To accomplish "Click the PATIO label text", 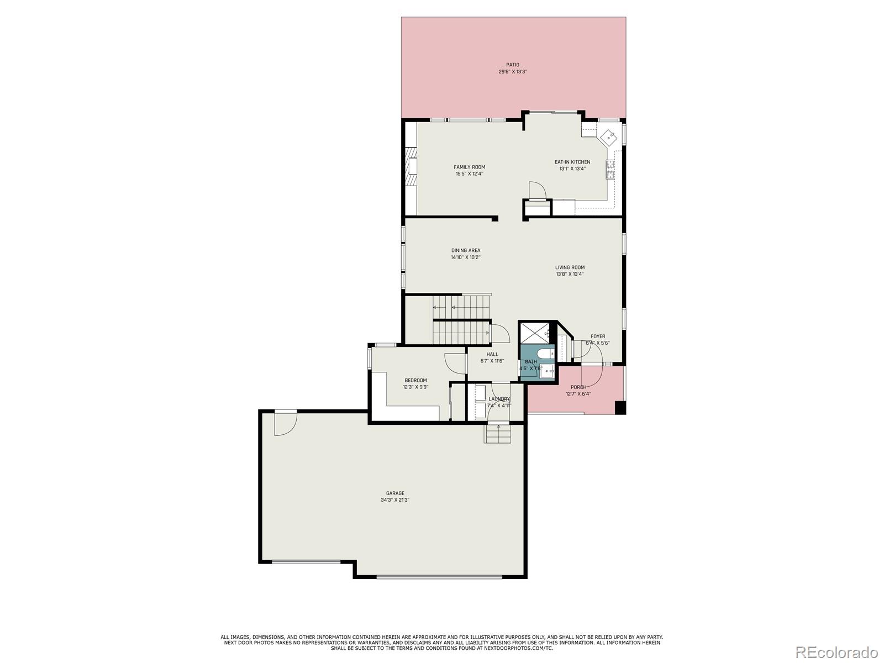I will [513, 65].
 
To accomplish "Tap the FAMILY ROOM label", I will [470, 167].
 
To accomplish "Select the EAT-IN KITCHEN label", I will [572, 162].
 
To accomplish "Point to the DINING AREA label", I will [466, 250].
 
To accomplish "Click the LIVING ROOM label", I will [570, 267].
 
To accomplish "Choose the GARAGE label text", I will [395, 493].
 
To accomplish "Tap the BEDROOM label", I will [415, 380].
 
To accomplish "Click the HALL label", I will [492, 354].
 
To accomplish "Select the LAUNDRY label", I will [499, 399].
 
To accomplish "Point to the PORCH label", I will [578, 387].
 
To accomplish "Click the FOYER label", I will [598, 336].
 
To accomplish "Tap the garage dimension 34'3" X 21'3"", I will [395, 500].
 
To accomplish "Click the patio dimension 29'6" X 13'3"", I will [513, 72].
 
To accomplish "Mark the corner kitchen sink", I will [610, 135].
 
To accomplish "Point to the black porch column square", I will [620, 408].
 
